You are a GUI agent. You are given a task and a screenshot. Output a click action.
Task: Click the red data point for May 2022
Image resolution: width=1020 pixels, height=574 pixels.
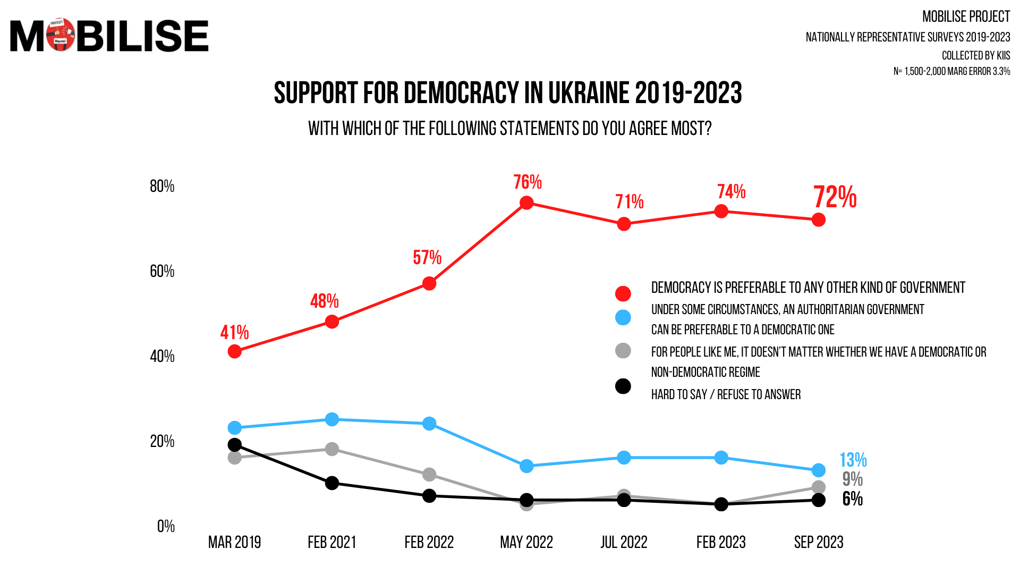click(526, 203)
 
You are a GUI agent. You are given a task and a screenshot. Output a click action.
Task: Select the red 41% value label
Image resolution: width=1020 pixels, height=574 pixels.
click(234, 333)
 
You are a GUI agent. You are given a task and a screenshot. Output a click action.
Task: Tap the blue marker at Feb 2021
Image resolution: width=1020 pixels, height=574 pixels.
click(332, 419)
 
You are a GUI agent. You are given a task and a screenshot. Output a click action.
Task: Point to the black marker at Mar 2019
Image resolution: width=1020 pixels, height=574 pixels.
click(234, 445)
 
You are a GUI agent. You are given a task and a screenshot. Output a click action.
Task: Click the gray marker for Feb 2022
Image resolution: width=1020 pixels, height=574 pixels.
click(429, 475)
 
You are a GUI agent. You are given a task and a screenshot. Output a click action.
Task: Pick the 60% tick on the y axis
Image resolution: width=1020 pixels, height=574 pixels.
click(162, 271)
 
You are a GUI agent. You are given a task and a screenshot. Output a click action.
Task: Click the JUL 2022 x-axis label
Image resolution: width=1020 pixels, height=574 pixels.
click(624, 542)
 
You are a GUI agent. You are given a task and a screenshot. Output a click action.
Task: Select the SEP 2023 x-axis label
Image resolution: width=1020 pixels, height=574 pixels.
click(819, 542)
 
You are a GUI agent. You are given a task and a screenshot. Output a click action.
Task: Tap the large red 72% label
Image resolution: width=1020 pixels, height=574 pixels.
click(835, 197)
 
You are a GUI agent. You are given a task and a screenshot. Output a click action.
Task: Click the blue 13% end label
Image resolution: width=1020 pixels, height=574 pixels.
click(853, 460)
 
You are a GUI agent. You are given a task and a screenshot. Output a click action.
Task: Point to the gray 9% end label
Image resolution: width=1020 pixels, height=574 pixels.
click(852, 479)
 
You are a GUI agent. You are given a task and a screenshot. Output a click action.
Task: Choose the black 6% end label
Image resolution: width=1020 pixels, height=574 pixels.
click(852, 499)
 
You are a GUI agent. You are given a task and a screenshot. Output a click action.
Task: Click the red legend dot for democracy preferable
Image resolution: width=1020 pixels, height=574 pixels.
click(623, 293)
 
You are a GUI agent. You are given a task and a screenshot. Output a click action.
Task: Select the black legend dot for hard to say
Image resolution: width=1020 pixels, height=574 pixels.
click(623, 386)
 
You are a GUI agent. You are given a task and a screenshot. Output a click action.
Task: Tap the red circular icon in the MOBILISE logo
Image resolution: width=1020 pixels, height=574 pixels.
click(61, 35)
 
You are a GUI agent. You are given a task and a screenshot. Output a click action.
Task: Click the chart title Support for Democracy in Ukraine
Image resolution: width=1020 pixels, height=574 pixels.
click(507, 93)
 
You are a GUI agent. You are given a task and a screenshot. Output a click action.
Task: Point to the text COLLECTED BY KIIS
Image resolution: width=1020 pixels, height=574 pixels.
click(975, 55)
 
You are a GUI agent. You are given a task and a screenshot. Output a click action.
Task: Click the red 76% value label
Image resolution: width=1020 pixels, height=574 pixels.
click(527, 182)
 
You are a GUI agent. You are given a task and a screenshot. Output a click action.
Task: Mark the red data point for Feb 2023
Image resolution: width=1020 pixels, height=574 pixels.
click(721, 212)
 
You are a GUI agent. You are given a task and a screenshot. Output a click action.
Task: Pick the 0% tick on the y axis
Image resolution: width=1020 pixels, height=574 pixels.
click(166, 526)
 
